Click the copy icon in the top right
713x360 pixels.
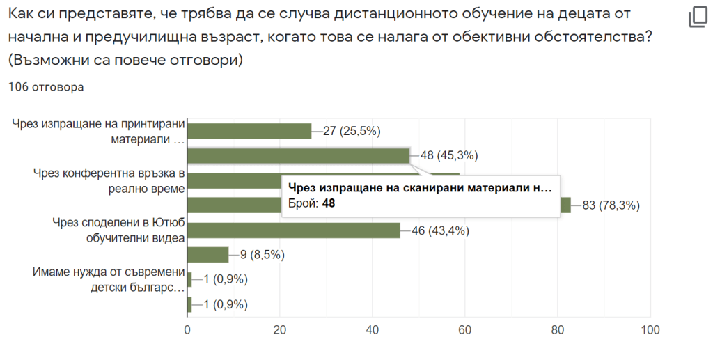[x=698, y=17]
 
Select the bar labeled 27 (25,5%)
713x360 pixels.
[x=249, y=131]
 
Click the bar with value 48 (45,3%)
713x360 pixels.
[x=298, y=156]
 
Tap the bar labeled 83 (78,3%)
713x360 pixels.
[x=566, y=205]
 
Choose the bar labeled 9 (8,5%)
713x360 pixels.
[x=208, y=255]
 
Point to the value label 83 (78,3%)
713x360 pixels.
[x=610, y=205]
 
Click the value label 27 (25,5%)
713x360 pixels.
[x=352, y=131]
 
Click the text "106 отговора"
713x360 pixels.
[x=46, y=87]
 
